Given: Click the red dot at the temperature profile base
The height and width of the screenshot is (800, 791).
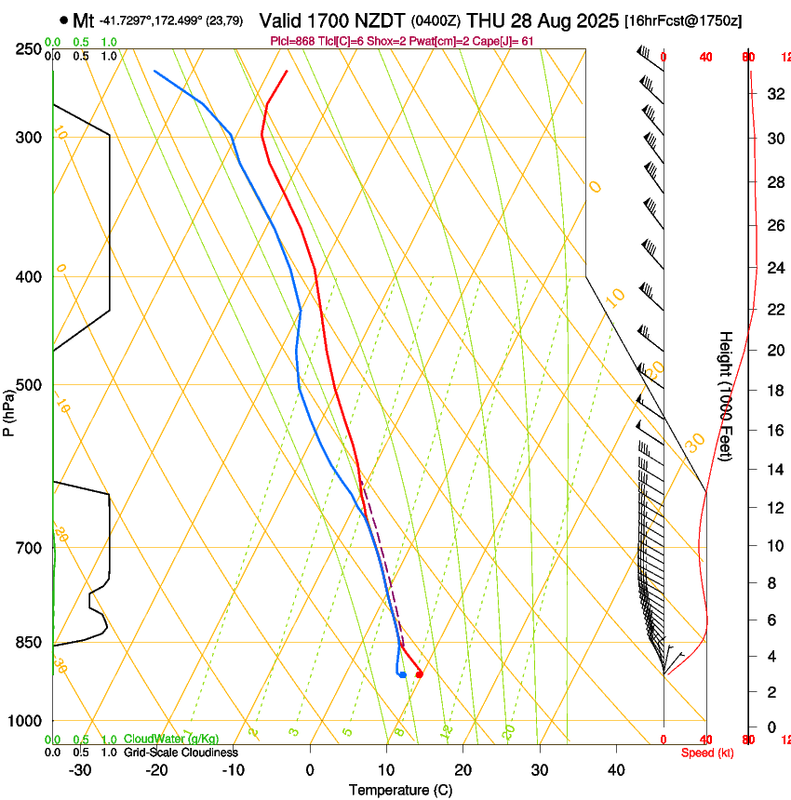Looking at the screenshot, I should tap(420, 673).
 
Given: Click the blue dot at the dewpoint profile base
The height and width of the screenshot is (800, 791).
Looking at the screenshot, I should tap(402, 674).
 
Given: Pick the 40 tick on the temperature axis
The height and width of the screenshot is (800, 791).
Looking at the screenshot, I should tap(616, 770).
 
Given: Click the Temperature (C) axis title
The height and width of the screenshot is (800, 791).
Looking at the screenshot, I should tap(400, 790).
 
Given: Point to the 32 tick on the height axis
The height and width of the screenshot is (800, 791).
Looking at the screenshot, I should tap(771, 93).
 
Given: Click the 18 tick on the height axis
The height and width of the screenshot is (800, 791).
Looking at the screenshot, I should tap(771, 391).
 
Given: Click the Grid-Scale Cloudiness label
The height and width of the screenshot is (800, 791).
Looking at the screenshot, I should tap(180, 753).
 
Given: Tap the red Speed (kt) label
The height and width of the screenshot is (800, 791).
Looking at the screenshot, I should tap(707, 753).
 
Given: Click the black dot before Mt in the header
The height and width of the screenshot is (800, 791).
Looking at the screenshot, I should tap(63, 20).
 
